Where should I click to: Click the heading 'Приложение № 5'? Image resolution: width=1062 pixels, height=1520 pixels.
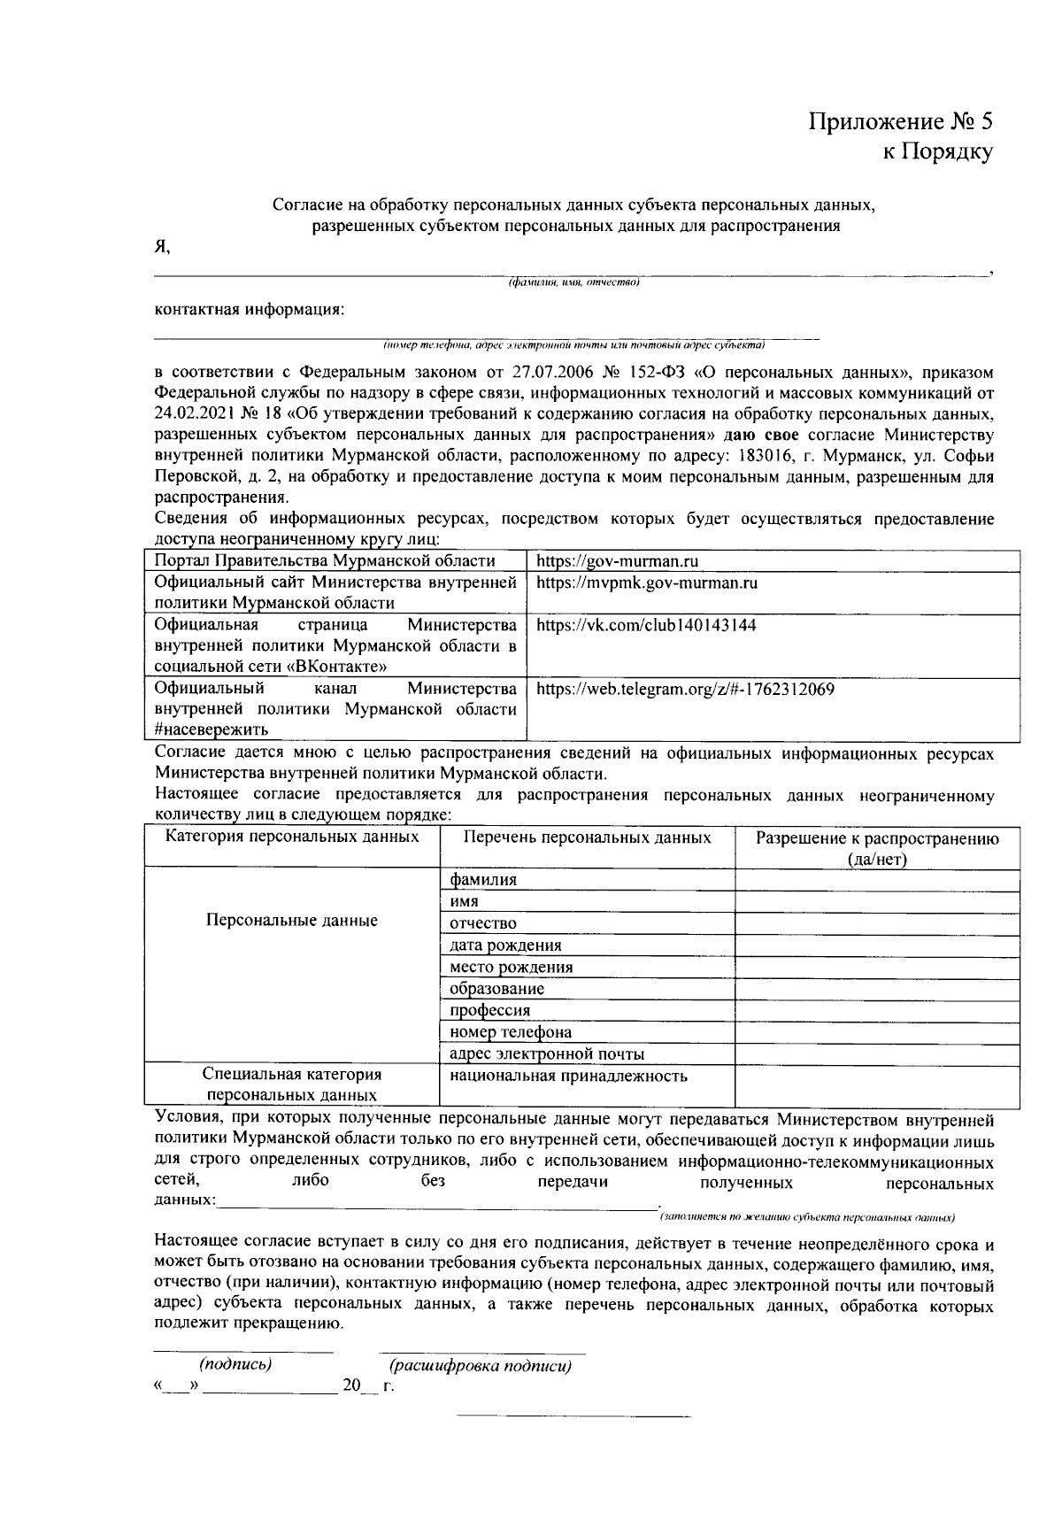(x=900, y=120)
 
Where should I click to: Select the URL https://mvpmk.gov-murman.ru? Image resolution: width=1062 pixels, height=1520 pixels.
(x=647, y=583)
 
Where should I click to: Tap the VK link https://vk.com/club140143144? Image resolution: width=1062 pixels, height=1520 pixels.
(x=646, y=625)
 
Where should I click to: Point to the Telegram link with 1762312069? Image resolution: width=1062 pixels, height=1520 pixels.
(x=685, y=689)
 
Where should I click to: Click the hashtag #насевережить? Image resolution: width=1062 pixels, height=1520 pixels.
(x=212, y=729)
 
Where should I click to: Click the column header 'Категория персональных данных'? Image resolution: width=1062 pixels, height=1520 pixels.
(x=292, y=837)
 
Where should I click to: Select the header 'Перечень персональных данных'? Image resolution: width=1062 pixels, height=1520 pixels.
(x=587, y=837)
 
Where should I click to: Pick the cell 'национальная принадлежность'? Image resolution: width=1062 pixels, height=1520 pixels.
(x=568, y=1076)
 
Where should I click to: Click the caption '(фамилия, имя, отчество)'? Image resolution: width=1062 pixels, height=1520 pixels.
(x=573, y=283)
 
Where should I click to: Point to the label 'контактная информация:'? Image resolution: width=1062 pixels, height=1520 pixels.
(x=249, y=310)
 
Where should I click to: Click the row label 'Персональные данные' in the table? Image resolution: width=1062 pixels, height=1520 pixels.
(x=291, y=921)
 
